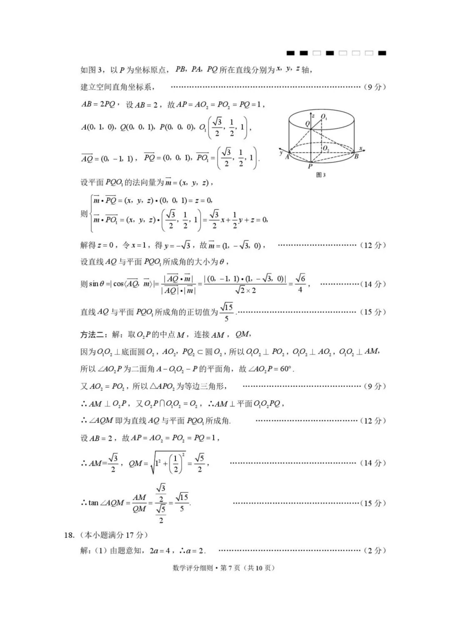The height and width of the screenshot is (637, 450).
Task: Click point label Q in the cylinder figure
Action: pos(307,124)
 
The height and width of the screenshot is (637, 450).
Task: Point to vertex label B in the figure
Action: pos(356,157)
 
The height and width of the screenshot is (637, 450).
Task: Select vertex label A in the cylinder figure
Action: pos(287,157)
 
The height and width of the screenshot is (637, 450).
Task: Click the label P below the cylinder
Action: pos(310,166)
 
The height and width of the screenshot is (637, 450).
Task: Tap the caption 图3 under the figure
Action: pos(321,175)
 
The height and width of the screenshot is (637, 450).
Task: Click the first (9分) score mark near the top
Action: pos(375,87)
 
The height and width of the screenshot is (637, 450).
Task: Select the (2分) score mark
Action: pos(375,550)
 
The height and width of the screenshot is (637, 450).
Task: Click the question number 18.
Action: pos(69,535)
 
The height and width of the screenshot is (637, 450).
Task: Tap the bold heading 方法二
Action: pos(94,334)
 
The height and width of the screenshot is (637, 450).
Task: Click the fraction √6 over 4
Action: pos(300,283)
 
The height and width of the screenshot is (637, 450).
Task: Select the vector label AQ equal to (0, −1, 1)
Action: pos(87,158)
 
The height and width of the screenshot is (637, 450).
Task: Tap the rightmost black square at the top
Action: pos(382,53)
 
